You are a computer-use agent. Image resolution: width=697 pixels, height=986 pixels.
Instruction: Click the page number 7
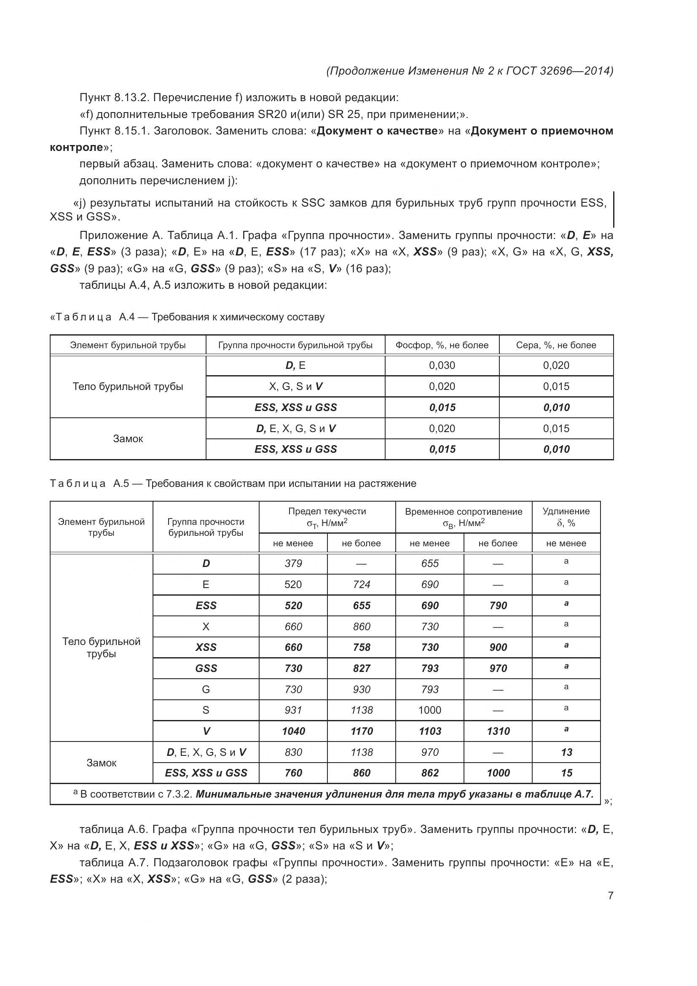610,895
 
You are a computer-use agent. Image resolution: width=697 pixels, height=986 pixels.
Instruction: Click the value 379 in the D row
293,564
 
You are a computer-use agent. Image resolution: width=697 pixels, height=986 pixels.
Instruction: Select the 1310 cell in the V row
498,731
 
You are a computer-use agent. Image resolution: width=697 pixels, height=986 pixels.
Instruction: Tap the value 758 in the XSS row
362,647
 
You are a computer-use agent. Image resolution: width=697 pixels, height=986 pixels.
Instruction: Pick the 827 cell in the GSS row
362,668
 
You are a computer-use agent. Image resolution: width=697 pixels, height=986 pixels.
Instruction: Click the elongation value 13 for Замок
566,752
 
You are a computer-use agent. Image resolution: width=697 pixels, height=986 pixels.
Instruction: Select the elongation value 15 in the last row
566,773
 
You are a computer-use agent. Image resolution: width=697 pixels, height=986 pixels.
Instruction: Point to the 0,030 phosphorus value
442,365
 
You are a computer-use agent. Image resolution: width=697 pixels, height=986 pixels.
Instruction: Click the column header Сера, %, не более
556,345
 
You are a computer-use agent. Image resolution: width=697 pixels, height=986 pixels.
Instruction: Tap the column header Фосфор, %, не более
442,345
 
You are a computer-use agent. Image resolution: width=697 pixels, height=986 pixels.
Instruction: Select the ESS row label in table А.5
206,605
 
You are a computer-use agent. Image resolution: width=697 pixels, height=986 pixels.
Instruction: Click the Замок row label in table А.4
128,438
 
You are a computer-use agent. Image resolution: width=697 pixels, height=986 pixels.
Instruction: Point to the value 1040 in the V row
293,731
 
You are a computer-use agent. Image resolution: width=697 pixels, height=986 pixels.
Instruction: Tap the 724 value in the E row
362,584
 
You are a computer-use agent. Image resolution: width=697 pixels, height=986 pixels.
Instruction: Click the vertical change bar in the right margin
613,209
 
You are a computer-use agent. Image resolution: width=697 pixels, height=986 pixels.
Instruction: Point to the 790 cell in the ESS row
498,605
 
